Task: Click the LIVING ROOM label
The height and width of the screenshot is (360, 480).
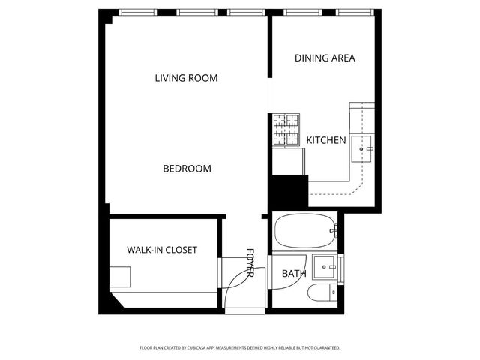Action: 186,78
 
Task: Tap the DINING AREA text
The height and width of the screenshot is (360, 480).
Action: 324,58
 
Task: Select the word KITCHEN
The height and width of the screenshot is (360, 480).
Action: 325,140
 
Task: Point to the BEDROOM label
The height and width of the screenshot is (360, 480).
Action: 187,169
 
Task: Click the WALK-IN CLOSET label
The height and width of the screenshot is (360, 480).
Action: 161,250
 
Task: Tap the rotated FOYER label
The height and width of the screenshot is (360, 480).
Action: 250,262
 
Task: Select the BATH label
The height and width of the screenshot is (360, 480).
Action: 293,274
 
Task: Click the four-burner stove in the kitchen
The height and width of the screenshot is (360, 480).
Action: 286,130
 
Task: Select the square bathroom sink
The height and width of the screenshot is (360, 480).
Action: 325,265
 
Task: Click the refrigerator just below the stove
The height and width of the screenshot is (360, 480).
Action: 288,160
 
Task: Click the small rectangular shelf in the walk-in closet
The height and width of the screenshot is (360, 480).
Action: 120,277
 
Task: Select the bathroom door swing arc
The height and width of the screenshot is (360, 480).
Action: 235,282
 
